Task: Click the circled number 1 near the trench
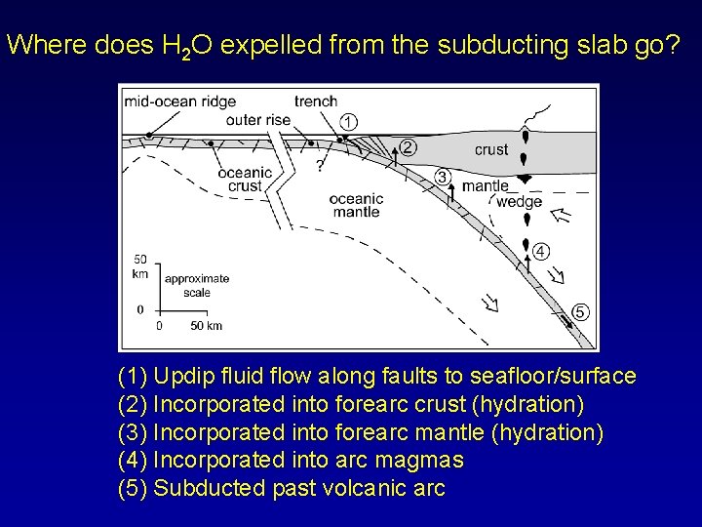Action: click(348, 122)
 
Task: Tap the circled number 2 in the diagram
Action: click(408, 148)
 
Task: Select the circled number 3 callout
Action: click(443, 177)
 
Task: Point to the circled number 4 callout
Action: click(540, 251)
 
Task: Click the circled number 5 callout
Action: click(579, 312)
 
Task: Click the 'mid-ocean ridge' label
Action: click(180, 101)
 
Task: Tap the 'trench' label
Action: click(316, 101)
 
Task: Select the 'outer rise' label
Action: click(257, 120)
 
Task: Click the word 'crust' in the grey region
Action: click(490, 149)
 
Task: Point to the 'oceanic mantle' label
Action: click(357, 205)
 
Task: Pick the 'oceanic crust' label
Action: click(245, 180)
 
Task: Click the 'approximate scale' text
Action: click(197, 285)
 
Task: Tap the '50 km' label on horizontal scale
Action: click(206, 326)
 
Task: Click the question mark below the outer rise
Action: click(319, 165)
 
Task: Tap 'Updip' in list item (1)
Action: click(185, 376)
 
